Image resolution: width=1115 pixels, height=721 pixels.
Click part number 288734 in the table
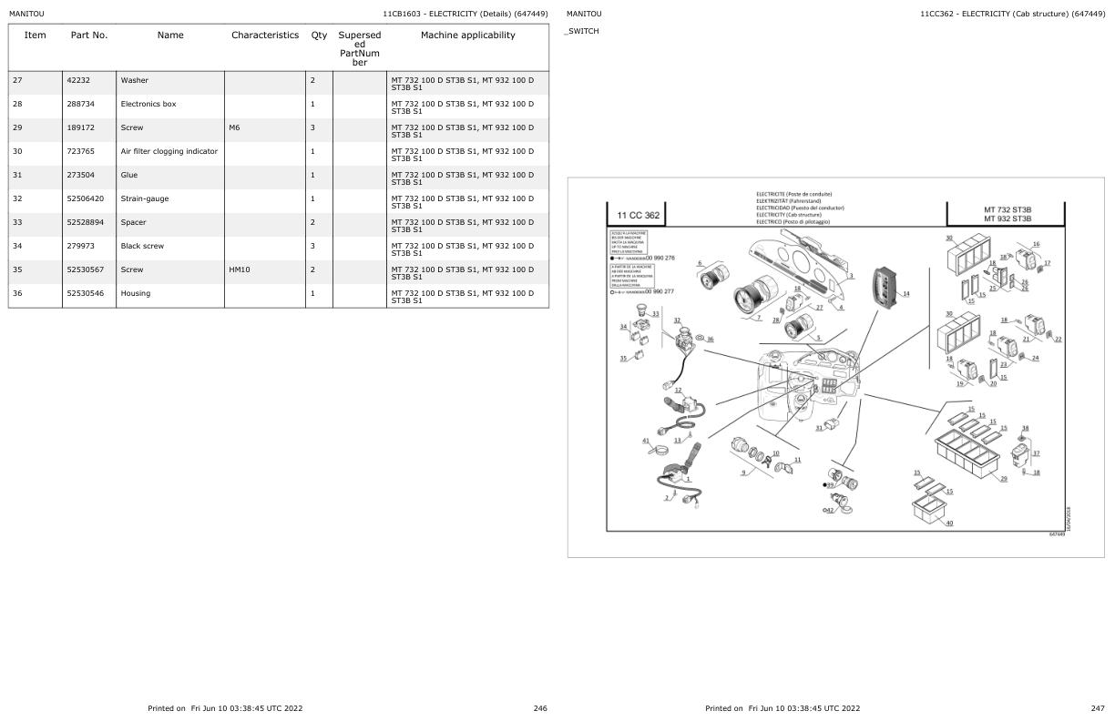pyautogui.click(x=81, y=104)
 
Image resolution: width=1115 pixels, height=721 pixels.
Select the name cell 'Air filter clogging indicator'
pyautogui.click(x=169, y=151)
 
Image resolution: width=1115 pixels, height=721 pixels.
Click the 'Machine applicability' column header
pyautogui.click(x=467, y=36)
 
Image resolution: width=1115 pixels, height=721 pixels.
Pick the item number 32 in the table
pyautogui.click(x=17, y=198)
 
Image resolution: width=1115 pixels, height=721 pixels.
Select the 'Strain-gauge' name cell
pyautogui.click(x=144, y=198)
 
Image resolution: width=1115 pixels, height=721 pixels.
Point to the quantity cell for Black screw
pyautogui.click(x=312, y=246)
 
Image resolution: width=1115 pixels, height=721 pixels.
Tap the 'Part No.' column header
pyautogui.click(x=89, y=36)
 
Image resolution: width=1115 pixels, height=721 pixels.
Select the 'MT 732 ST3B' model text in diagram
pyautogui.click(x=1007, y=209)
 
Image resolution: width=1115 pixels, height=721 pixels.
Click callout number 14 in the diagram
pyautogui.click(x=905, y=293)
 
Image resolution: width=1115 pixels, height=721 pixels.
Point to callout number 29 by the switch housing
pyautogui.click(x=1004, y=479)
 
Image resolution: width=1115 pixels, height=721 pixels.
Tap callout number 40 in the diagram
pyautogui.click(x=949, y=523)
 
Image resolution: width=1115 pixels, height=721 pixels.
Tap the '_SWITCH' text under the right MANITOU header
pyautogui.click(x=582, y=32)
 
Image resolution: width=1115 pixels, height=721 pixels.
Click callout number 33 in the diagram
pyautogui.click(x=655, y=313)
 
